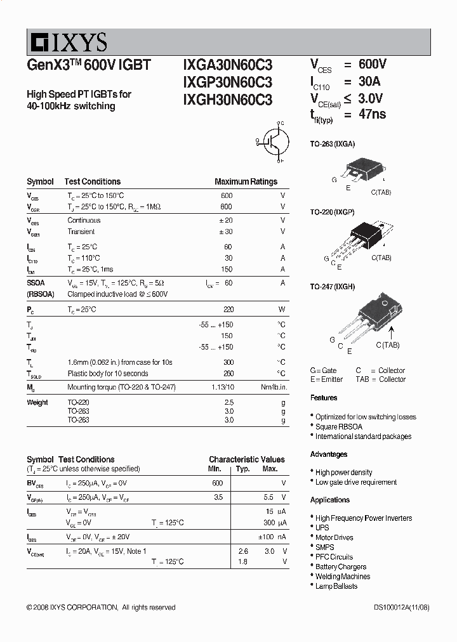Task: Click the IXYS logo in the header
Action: tap(67, 43)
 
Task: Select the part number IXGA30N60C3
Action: tap(227, 65)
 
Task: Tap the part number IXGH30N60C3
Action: tap(227, 100)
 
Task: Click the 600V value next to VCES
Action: tap(372, 65)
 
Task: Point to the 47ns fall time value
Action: tap(372, 115)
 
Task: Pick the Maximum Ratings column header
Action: tap(246, 181)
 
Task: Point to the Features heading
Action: tap(324, 398)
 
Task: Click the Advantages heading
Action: tap(329, 454)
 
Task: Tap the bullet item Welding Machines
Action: tap(343, 577)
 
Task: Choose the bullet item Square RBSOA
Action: tap(339, 427)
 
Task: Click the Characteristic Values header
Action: tap(247, 459)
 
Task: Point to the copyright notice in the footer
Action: tap(101, 607)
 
